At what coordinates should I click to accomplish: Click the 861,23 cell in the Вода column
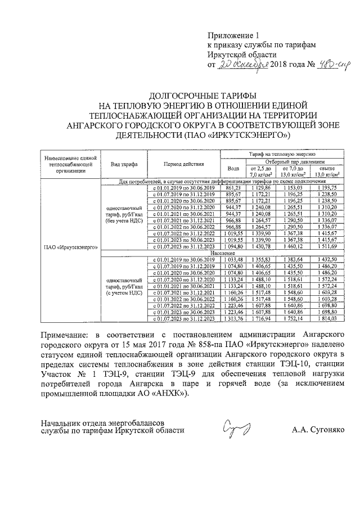tap(232, 188)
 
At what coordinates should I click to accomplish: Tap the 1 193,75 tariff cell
tap(326, 188)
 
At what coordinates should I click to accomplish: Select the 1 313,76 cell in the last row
tap(232, 319)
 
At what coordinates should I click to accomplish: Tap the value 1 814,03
tap(326, 319)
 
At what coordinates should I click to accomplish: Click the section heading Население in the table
tap(223, 253)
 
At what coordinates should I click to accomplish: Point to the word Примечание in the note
tap(66, 335)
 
